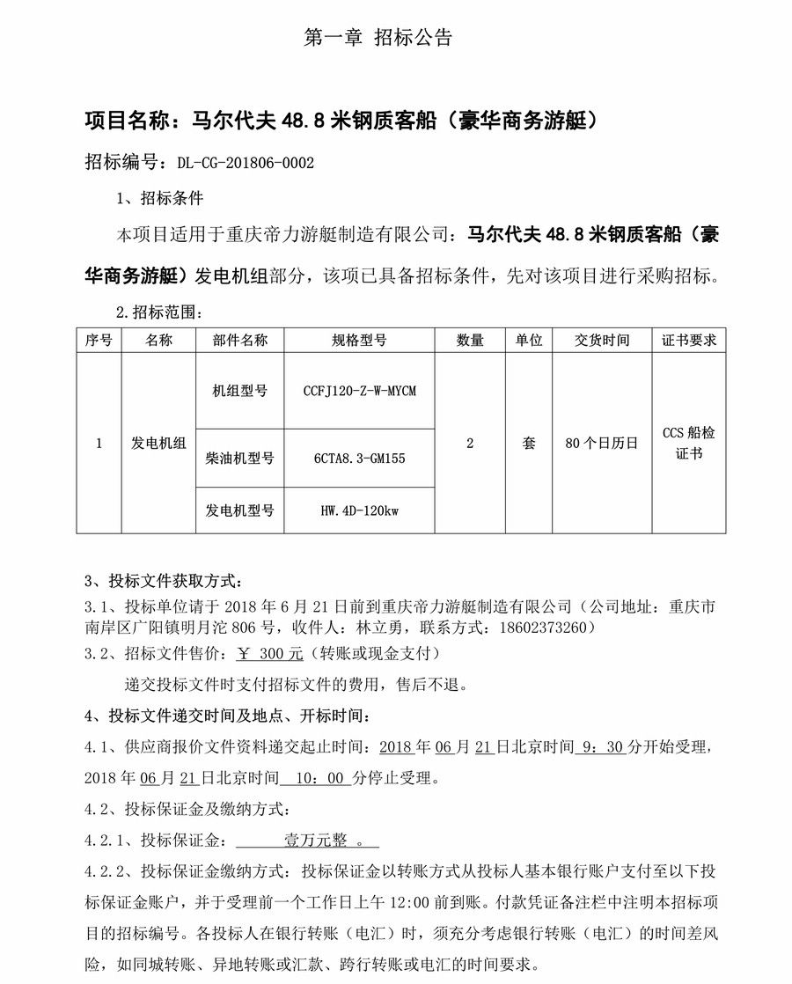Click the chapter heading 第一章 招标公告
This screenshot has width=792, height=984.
(378, 38)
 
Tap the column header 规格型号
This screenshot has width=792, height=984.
(359, 341)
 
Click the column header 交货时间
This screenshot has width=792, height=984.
(602, 341)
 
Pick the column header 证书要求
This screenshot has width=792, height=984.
(689, 341)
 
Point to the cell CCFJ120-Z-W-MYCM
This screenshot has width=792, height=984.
(359, 391)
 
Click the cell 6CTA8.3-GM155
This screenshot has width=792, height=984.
(359, 459)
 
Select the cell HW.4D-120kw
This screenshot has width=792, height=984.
(359, 510)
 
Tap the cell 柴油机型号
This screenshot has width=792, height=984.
(239, 459)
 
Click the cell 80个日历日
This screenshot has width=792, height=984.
(602, 444)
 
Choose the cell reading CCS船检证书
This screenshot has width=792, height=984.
(689, 444)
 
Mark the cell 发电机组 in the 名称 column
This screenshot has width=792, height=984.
(159, 444)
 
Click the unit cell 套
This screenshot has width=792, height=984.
(528, 444)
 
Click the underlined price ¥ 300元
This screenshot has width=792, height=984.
(271, 654)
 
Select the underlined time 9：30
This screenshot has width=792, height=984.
(603, 747)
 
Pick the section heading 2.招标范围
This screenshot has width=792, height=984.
(159, 312)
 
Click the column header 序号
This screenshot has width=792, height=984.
(99, 341)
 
